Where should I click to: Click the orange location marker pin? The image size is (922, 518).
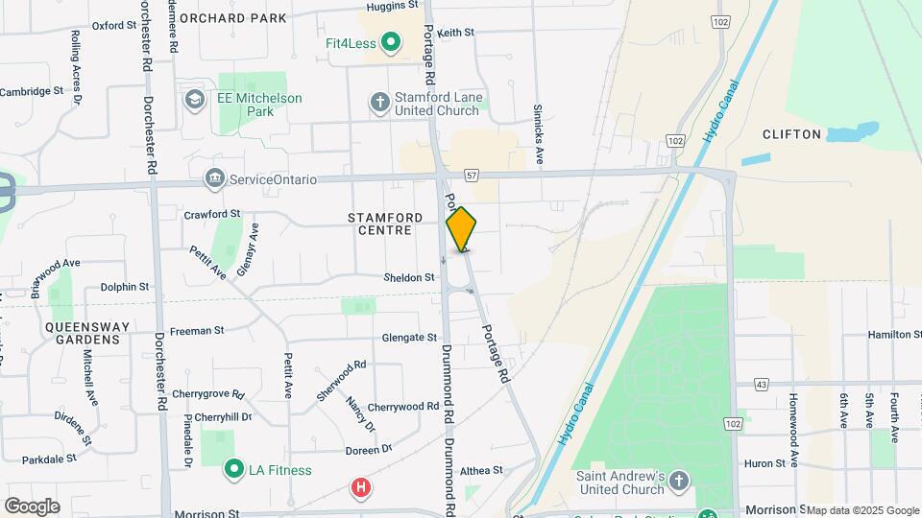point(462,229)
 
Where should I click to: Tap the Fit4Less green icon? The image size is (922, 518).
point(391,42)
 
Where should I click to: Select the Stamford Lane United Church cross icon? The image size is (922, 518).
point(380,101)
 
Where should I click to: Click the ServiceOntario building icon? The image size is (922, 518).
point(214,178)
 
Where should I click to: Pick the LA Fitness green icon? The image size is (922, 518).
point(232,469)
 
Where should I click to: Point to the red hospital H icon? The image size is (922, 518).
point(360,488)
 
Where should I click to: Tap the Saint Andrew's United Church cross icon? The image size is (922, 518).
point(679,481)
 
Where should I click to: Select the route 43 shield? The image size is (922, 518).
point(762,384)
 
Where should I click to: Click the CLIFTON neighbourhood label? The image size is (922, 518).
point(792,134)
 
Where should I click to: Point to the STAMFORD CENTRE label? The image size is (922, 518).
point(385,224)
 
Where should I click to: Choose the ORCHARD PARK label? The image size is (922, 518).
point(232,18)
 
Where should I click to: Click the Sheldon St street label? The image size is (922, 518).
point(410,277)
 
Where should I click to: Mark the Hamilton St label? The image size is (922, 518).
point(889,334)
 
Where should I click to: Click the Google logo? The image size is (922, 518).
point(32,506)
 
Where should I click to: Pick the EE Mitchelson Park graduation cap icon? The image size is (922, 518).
point(195,100)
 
